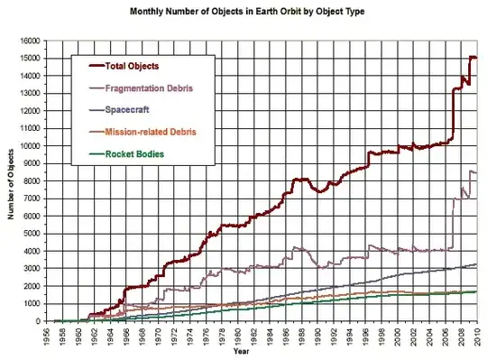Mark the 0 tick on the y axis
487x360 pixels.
40,321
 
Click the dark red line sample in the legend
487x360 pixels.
92,66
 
